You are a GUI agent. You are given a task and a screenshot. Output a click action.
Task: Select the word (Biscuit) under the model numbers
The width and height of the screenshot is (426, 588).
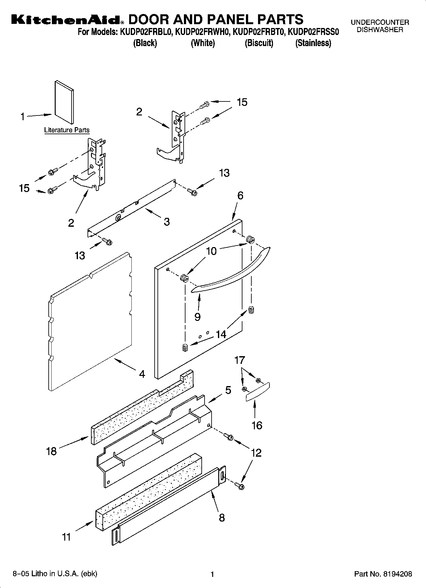pyautogui.click(x=259, y=43)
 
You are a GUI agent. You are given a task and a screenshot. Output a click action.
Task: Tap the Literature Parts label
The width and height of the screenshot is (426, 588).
pyautogui.click(x=67, y=130)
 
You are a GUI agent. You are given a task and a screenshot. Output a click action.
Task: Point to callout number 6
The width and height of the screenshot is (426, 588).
pyautogui.click(x=240, y=196)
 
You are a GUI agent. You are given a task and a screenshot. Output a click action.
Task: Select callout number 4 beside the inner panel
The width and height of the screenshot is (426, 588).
pyautogui.click(x=142, y=374)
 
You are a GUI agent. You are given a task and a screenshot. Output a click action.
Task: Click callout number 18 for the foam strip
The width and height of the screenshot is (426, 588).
pyautogui.click(x=52, y=451)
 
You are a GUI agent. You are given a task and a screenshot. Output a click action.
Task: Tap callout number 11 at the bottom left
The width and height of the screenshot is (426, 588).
pyautogui.click(x=66, y=537)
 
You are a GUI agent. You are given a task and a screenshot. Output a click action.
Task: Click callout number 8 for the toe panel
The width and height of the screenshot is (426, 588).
pyautogui.click(x=222, y=517)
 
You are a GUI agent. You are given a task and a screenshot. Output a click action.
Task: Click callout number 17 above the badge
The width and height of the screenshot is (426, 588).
pyautogui.click(x=240, y=360)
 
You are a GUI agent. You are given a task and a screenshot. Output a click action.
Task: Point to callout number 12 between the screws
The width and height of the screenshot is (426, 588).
pyautogui.click(x=256, y=453)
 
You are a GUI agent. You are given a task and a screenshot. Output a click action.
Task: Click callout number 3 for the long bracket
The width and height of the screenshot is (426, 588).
pyautogui.click(x=167, y=222)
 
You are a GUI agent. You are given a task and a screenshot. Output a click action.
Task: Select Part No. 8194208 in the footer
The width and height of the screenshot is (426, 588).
pyautogui.click(x=383, y=574)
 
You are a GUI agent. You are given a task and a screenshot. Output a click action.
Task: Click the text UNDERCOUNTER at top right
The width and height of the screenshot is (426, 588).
pyautogui.click(x=380, y=23)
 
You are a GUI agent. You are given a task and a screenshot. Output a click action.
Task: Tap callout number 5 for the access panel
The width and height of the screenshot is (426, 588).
pyautogui.click(x=228, y=390)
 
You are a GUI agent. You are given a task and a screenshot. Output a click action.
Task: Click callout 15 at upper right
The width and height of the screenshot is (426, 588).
pyautogui.click(x=242, y=102)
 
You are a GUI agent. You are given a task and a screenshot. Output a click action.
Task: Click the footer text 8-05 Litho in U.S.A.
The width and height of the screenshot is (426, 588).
pyautogui.click(x=54, y=574)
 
